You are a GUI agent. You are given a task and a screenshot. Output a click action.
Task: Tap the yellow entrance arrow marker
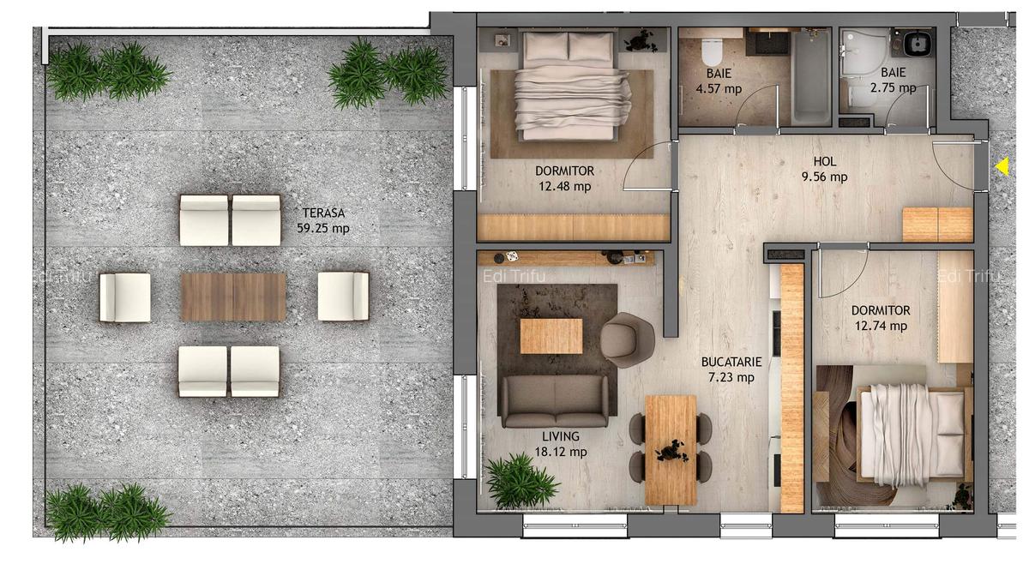[1002, 166]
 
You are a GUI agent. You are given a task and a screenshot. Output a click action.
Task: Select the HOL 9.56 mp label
[826, 170]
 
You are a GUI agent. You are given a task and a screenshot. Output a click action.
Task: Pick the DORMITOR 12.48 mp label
[563, 178]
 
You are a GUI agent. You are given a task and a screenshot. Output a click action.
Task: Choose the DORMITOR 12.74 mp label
[881, 318]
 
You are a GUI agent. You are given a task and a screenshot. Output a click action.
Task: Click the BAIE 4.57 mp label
[719, 81]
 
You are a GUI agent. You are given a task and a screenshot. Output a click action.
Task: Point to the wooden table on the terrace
[233, 297]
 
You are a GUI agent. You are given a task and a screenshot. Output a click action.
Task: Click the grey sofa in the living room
[555, 400]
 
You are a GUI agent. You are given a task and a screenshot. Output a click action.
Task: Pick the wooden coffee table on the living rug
[551, 335]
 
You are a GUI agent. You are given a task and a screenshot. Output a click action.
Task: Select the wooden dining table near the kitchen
[671, 449]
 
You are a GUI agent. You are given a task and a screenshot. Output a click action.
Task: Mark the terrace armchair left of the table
[125, 297]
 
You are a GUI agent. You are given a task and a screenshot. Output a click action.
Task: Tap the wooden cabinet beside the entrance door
[937, 224]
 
